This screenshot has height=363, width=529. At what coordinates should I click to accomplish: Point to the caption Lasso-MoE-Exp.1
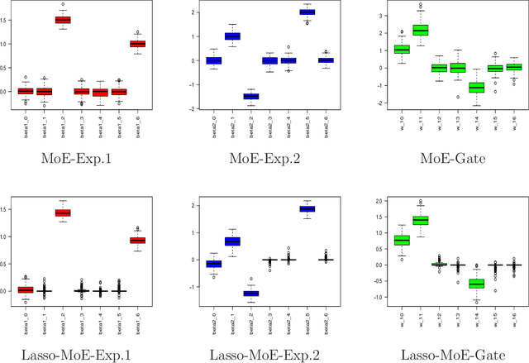pos(85,355)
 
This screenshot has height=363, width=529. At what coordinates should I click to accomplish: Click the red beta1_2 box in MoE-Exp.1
pos(62,19)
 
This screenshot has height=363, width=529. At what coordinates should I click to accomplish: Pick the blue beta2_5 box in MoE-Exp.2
pos(307,12)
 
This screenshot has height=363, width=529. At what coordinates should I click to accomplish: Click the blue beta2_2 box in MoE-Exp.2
pos(228,96)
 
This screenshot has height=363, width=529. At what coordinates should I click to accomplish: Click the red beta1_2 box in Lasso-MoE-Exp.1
pos(62,213)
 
